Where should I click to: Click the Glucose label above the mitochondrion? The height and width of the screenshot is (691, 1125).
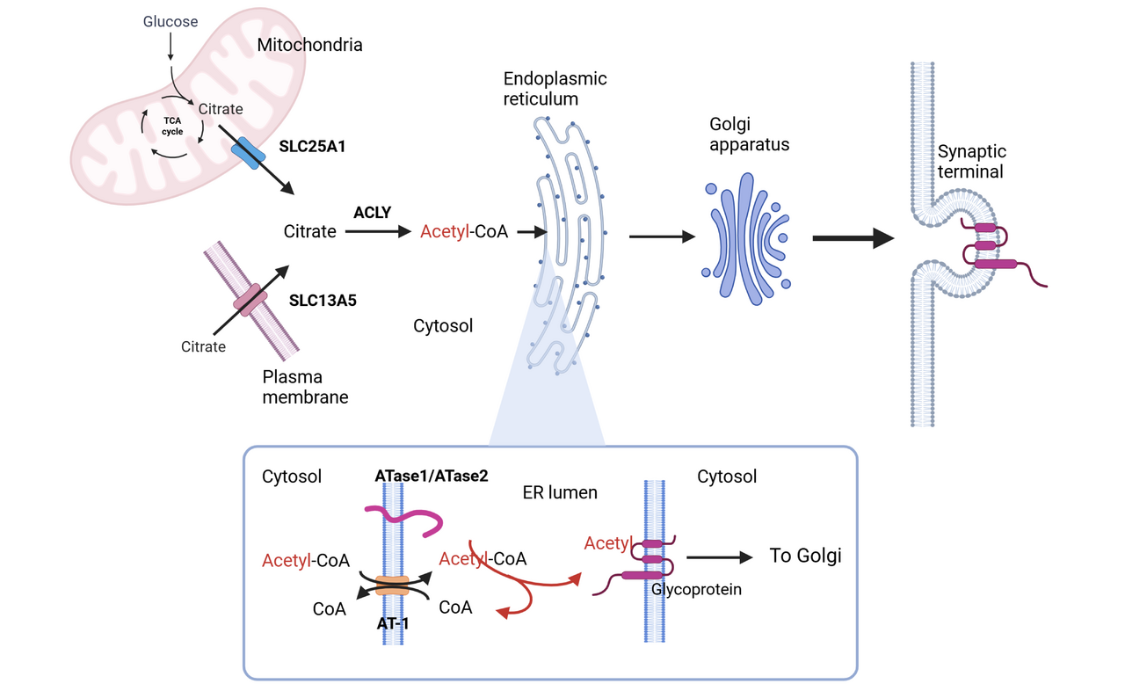coord(171,20)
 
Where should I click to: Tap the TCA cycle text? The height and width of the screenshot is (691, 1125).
coord(172,126)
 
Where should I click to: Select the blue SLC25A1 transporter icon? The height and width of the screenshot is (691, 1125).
coord(248,152)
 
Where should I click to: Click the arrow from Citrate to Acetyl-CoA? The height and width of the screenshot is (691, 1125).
coord(378,232)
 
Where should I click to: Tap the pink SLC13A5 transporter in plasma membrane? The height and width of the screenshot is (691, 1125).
coord(250,299)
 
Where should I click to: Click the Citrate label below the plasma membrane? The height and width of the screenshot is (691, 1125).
coord(203,346)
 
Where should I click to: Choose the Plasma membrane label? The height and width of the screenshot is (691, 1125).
coord(305,387)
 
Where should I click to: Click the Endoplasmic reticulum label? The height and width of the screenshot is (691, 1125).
coord(555,88)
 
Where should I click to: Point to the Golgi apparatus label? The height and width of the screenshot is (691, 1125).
coord(749,134)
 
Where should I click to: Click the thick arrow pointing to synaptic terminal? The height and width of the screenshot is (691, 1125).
coord(853,237)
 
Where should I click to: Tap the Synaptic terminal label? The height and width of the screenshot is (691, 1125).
coord(971,161)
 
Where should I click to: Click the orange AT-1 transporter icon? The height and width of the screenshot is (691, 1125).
coord(392,585)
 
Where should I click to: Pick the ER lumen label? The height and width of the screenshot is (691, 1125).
coord(560,492)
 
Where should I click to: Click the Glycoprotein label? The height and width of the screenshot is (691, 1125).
coord(696,589)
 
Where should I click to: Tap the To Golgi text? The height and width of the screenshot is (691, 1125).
coord(805,556)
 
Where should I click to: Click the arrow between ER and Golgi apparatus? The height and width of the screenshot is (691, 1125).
coord(662,236)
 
